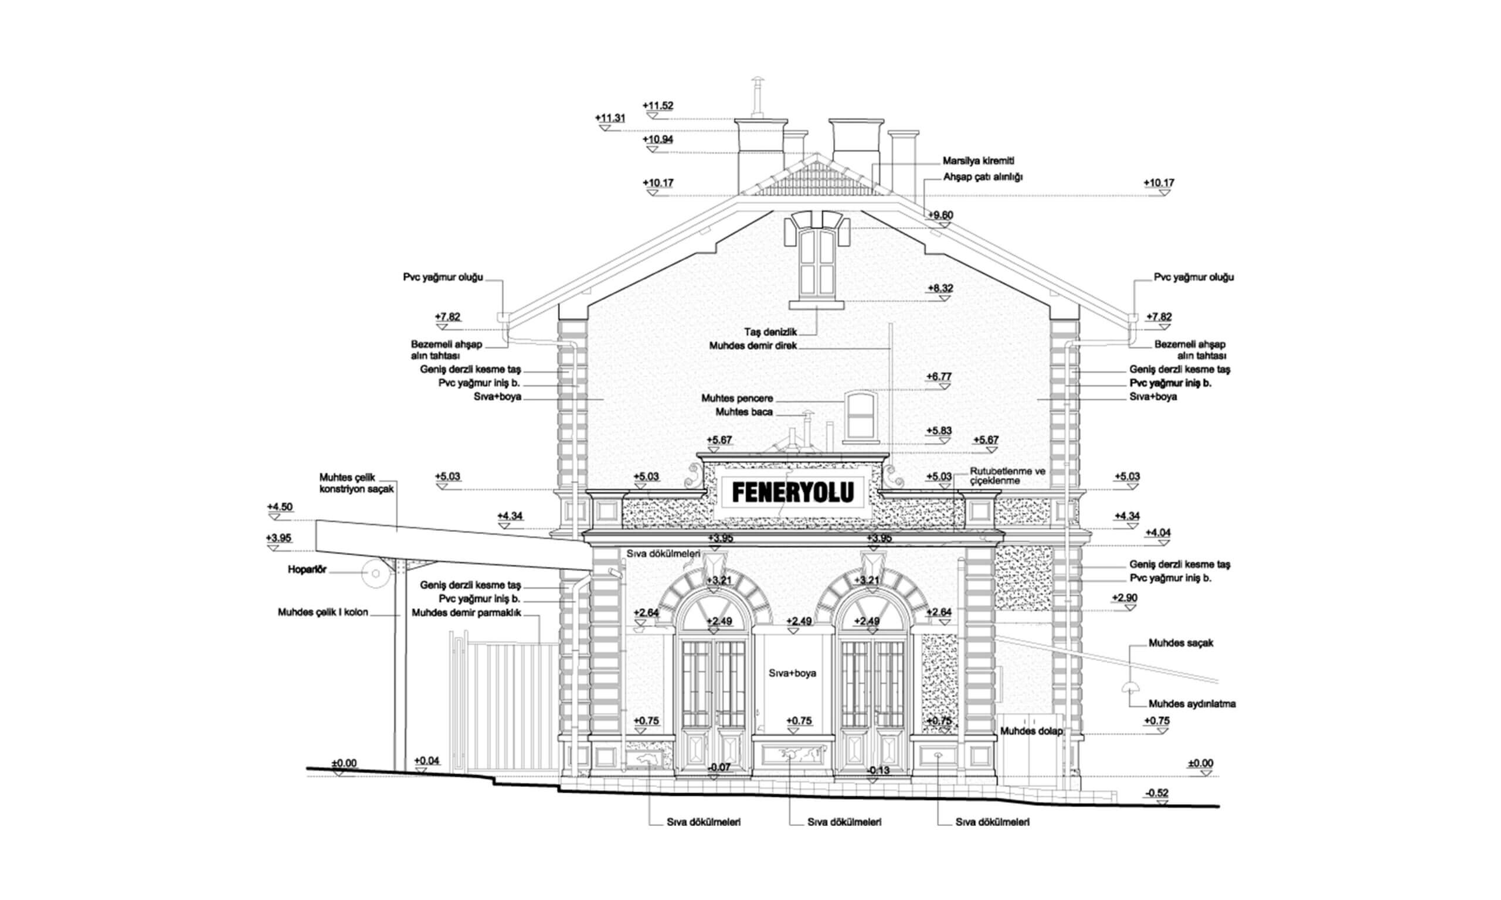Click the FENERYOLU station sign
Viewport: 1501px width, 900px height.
(792, 492)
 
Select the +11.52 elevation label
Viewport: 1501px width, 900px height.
(658, 105)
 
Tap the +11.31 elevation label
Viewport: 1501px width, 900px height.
(610, 118)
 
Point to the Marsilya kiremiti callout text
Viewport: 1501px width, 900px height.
(978, 161)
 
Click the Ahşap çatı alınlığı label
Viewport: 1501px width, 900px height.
(983, 177)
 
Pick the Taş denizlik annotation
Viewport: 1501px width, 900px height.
(770, 332)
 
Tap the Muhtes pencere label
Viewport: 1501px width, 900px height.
(737, 398)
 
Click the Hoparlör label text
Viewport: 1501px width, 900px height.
(307, 570)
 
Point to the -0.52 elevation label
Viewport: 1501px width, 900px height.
(1156, 793)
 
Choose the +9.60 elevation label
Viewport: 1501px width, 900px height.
(940, 214)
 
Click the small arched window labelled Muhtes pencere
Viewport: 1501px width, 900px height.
(860, 415)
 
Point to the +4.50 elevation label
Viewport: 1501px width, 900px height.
(280, 507)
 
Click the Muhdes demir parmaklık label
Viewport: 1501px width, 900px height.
(467, 612)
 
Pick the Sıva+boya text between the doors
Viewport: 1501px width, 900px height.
(792, 673)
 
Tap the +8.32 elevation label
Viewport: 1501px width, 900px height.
(940, 288)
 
